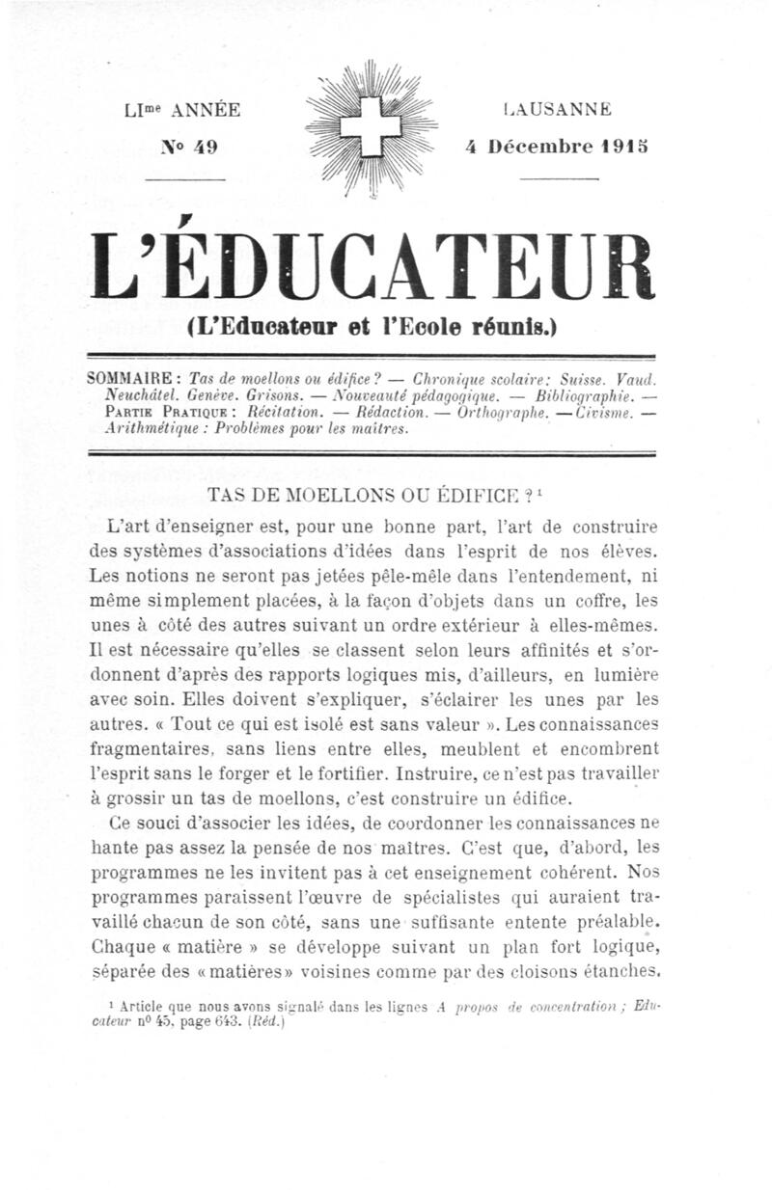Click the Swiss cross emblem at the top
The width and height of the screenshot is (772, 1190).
[371, 128]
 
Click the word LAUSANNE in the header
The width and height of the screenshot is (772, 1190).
[557, 110]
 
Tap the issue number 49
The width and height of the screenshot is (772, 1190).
[204, 147]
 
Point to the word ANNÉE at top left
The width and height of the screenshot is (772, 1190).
[207, 110]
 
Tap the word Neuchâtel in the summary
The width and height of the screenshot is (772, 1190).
[143, 395]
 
